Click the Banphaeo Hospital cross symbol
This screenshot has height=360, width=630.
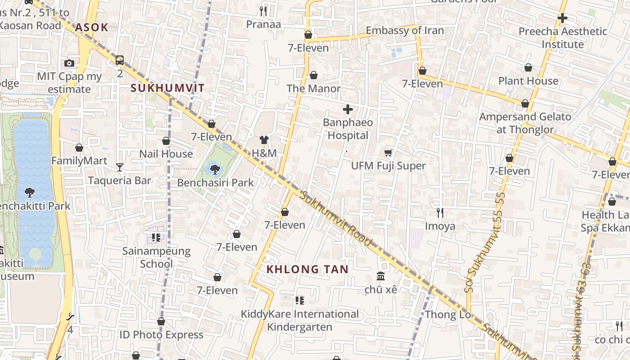click(x=347, y=109)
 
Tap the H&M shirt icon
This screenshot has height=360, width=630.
click(x=264, y=140)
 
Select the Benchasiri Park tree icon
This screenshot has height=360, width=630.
click(x=215, y=169)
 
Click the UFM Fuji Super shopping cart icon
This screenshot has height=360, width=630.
click(x=388, y=153)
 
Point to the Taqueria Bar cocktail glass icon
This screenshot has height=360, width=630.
click(x=119, y=167)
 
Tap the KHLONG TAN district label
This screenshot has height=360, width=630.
click(x=307, y=270)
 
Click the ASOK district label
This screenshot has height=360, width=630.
click(x=92, y=27)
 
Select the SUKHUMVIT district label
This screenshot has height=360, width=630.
click(x=167, y=88)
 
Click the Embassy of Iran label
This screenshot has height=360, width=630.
click(x=405, y=31)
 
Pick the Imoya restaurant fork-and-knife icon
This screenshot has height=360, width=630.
click(x=440, y=212)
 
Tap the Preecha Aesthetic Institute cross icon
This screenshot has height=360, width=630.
click(x=562, y=18)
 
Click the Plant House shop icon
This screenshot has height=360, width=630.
click(x=528, y=68)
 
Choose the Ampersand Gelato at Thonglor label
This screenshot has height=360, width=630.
click(x=525, y=123)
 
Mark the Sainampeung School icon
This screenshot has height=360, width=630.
click(x=156, y=237)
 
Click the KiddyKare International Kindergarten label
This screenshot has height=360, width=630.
click(x=300, y=320)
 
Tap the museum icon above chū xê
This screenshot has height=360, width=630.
click(x=381, y=276)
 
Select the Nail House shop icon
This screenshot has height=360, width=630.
click(x=166, y=141)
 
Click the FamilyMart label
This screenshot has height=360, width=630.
click(x=79, y=161)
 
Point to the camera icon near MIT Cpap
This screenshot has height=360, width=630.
click(x=69, y=63)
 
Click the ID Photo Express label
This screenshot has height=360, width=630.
click(x=161, y=335)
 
